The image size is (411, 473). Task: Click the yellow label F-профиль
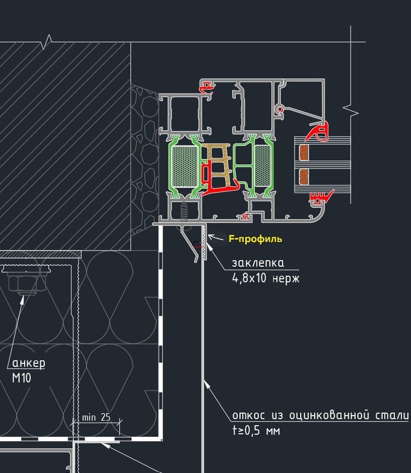click(x=255, y=239)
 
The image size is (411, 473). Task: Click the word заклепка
click(x=258, y=263)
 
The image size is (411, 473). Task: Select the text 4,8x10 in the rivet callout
click(x=249, y=278)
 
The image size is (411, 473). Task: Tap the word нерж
click(x=286, y=278)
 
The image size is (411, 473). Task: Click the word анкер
click(x=29, y=363)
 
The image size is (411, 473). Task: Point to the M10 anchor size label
click(x=22, y=378)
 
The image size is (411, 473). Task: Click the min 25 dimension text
click(x=96, y=417)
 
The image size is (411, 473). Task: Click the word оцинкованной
click(x=329, y=415)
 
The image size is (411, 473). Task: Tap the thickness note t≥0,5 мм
click(x=256, y=430)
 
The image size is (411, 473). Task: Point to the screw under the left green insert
click(x=184, y=212)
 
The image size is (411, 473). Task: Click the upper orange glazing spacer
click(x=304, y=152)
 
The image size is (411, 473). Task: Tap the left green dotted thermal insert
click(x=184, y=167)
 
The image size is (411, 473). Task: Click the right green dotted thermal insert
click(x=263, y=166)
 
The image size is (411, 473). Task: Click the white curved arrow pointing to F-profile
click(x=215, y=237)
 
